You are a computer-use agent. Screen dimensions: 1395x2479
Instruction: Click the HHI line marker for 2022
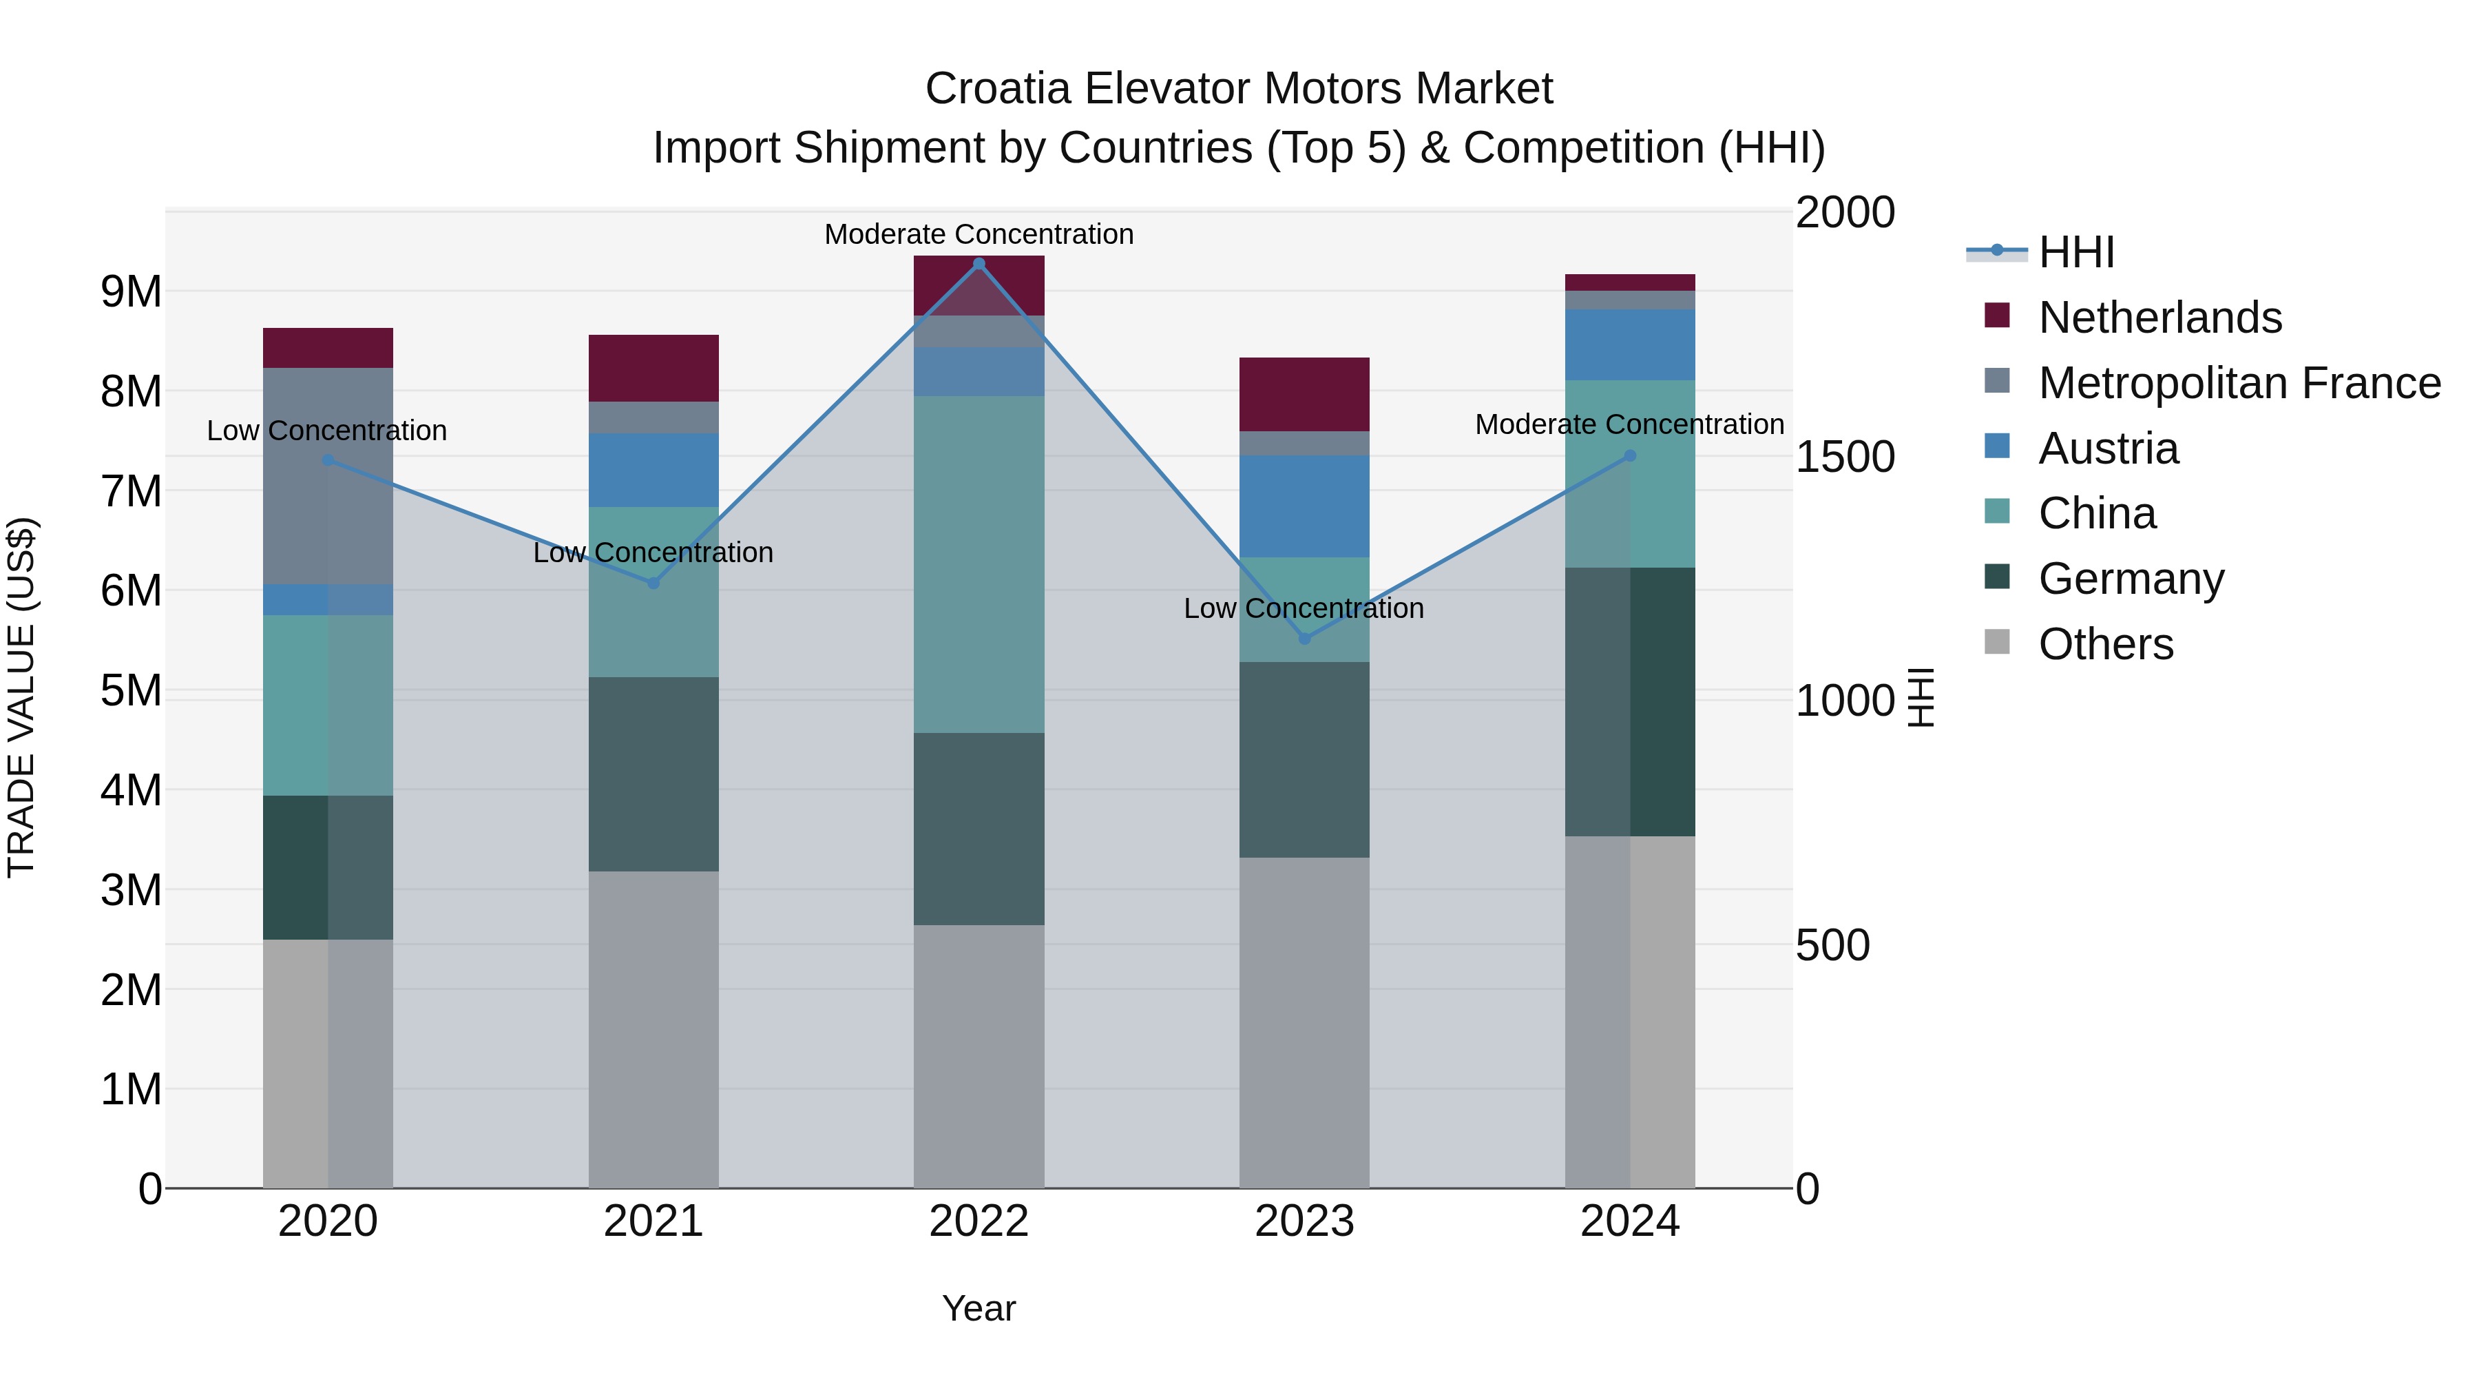point(979,264)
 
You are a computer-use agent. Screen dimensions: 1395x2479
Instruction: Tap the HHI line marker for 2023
point(1304,639)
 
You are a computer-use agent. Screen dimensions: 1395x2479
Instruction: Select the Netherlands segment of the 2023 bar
point(1304,394)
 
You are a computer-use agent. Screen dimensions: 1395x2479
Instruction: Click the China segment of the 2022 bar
point(979,564)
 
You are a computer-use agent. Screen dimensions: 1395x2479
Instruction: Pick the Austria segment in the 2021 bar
point(653,470)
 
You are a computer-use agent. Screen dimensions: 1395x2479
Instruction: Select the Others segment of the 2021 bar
point(653,1029)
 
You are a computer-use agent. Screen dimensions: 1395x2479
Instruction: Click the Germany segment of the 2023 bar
point(1304,760)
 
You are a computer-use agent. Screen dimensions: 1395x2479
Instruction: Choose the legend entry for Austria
point(2108,448)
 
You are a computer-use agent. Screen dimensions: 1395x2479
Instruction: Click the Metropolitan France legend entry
point(2239,383)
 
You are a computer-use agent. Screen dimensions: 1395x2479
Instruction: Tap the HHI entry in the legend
point(2075,252)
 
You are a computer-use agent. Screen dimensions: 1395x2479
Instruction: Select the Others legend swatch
point(1997,642)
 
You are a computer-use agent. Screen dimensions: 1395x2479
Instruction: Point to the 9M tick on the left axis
point(131,291)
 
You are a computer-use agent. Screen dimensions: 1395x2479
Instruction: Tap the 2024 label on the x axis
point(1629,1221)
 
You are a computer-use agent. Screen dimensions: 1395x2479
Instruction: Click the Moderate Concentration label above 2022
point(979,234)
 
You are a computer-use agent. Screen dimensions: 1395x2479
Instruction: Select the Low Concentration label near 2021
point(653,552)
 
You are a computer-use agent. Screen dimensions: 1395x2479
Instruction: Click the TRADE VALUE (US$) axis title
point(21,697)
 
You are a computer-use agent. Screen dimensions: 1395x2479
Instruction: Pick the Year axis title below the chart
point(979,1308)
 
